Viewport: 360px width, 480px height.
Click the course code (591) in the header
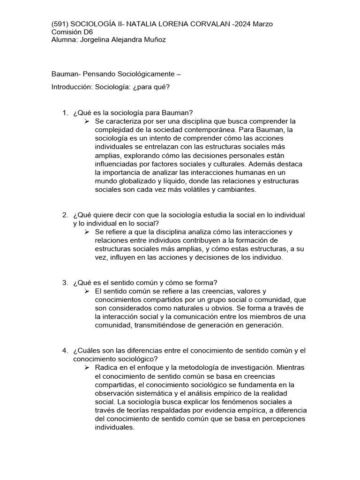click(59, 24)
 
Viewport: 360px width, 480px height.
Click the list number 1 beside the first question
click(65, 113)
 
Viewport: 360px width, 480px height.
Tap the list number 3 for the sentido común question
click(65, 282)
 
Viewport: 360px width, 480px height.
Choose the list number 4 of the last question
click(65, 351)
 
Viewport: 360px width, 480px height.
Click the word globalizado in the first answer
click(133, 181)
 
